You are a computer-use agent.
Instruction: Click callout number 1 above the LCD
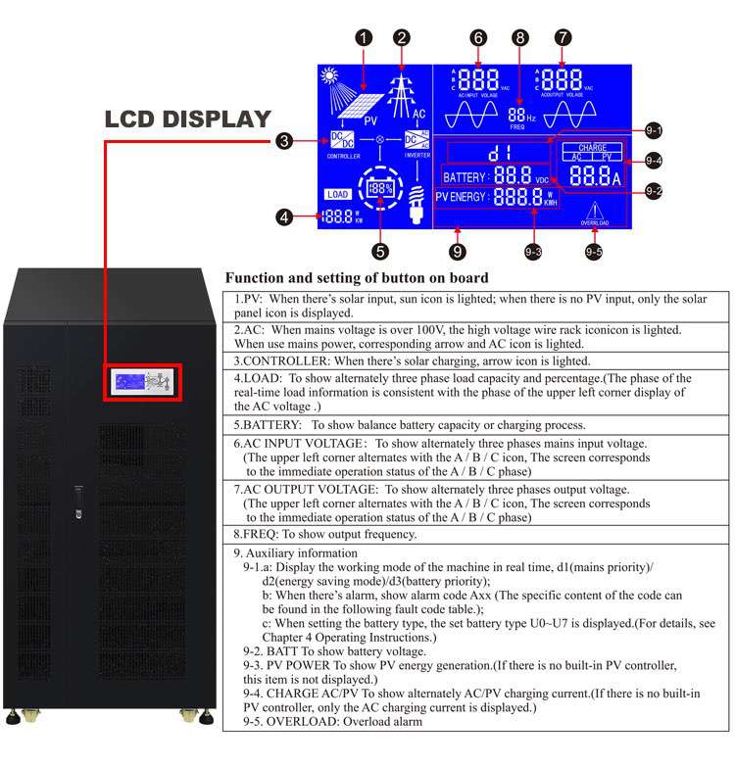[365, 38]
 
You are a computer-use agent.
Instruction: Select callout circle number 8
[520, 38]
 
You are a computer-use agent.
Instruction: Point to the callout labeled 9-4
[654, 161]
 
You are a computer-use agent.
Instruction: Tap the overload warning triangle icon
[595, 209]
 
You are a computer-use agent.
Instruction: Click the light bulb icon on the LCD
[416, 200]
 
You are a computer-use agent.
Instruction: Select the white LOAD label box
[336, 194]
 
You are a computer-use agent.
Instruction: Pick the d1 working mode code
[501, 153]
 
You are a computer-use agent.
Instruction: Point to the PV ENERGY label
[462, 196]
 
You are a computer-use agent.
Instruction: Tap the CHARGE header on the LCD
[592, 148]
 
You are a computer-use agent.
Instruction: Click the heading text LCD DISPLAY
[187, 120]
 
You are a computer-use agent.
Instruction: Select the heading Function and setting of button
[357, 278]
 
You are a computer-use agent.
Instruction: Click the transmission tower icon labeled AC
[401, 95]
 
